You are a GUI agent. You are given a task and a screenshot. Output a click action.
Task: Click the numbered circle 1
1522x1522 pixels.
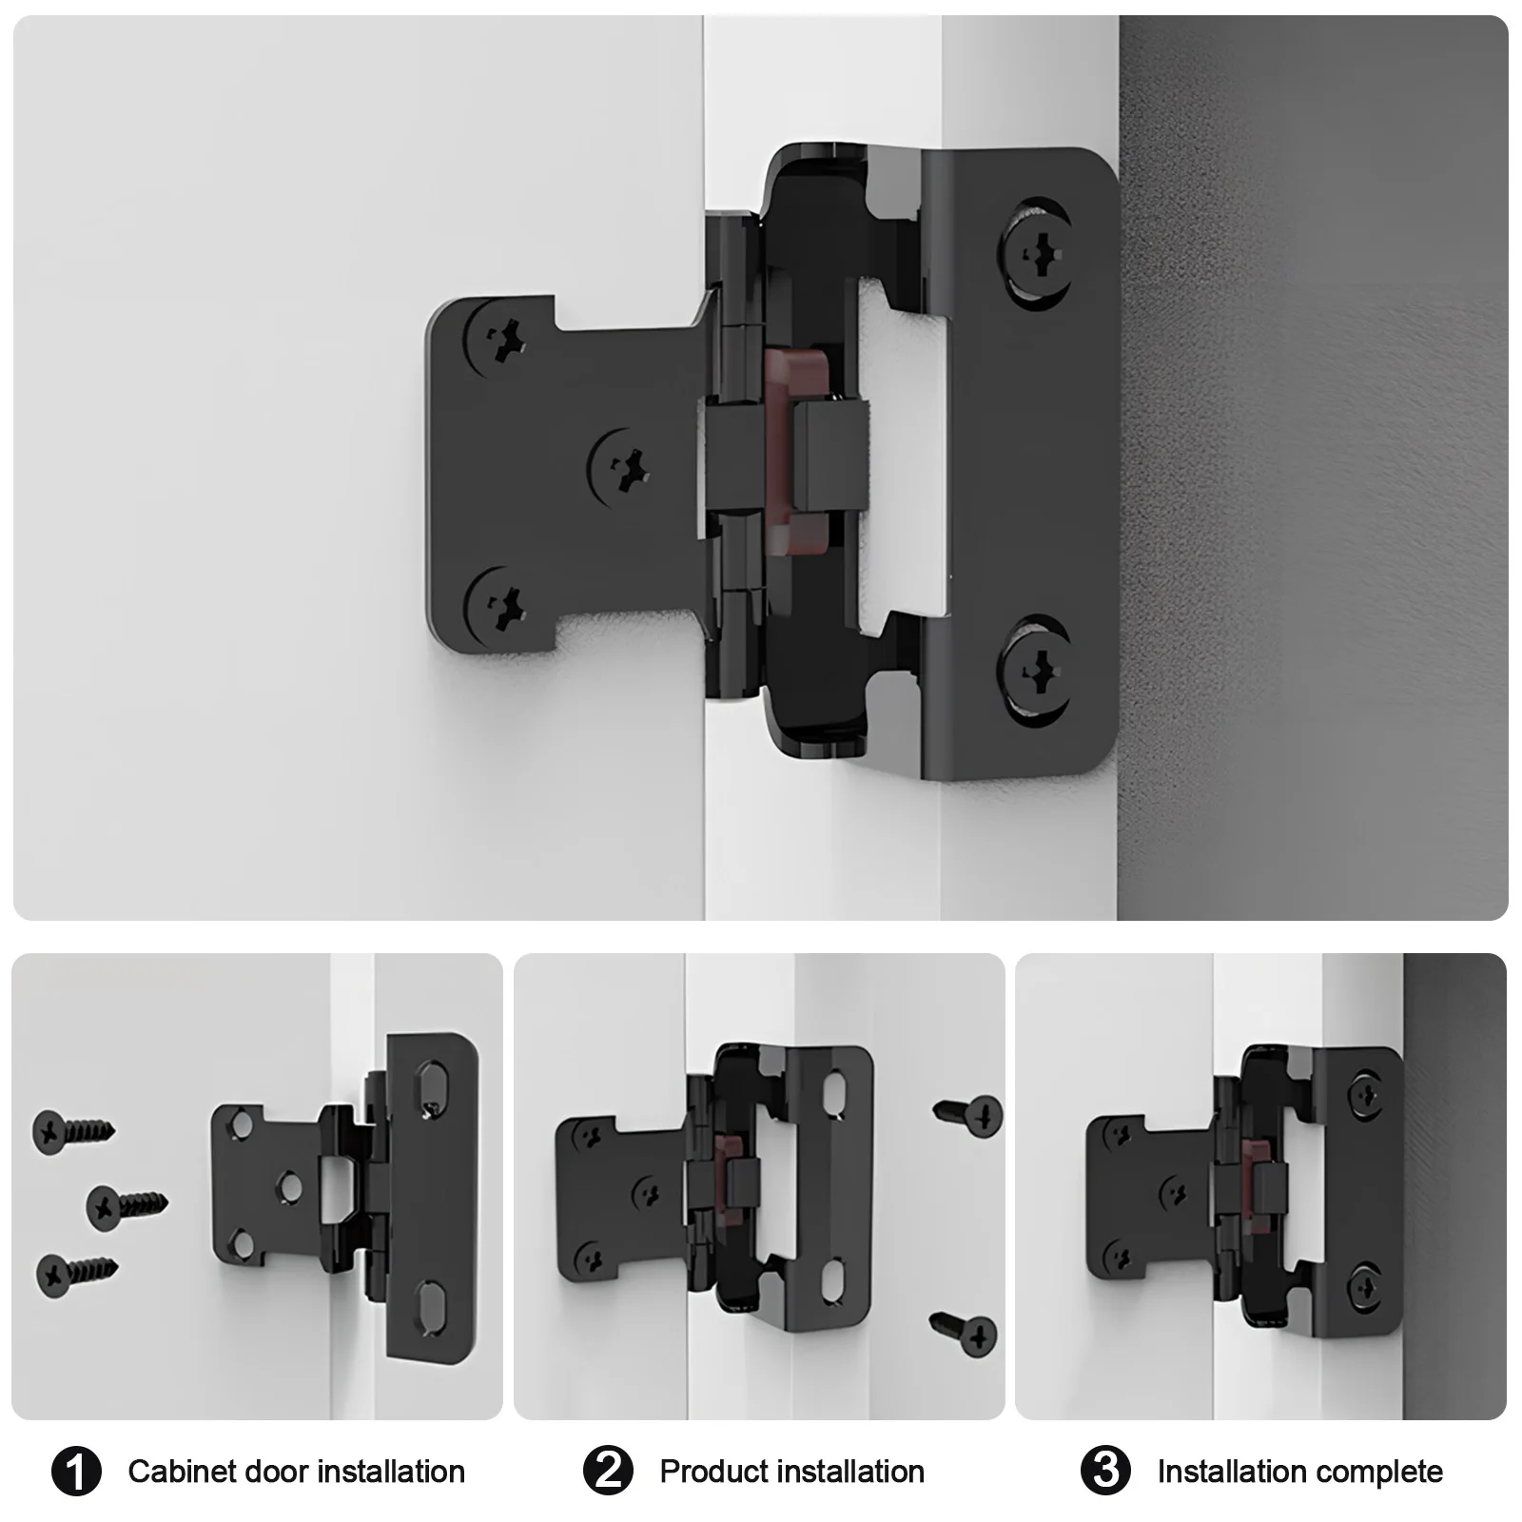(x=76, y=1472)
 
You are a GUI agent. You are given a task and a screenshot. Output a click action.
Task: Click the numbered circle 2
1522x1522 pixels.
(x=608, y=1472)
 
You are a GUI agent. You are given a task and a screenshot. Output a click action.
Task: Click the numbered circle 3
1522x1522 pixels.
(x=1105, y=1472)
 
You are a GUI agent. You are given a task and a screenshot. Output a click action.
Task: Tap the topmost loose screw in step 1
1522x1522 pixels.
(x=71, y=1130)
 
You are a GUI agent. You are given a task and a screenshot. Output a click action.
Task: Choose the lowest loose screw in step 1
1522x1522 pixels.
(x=74, y=1273)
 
